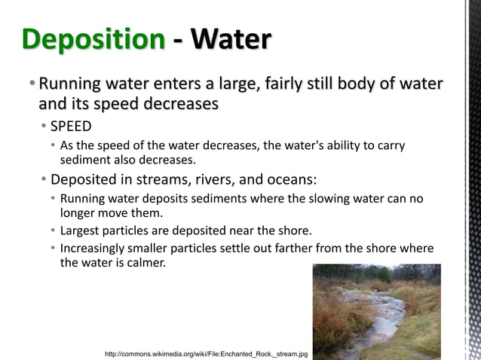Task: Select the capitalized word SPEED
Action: coord(71,126)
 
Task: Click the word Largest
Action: coord(81,230)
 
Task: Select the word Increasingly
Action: coord(96,248)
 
